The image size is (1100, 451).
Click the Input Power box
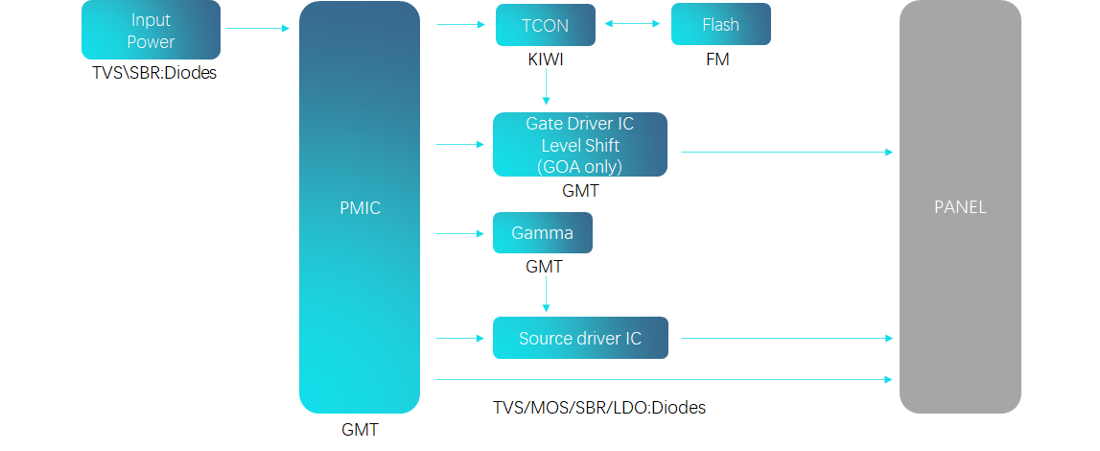[x=151, y=30]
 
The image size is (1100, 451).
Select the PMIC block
[x=360, y=207]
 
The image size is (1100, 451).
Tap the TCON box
[x=545, y=25]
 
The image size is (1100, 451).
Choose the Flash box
[x=720, y=25]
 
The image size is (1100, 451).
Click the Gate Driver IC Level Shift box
[x=579, y=145]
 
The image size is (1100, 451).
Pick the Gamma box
[x=542, y=233]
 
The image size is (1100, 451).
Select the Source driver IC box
[x=579, y=338]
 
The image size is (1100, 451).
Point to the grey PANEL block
[x=960, y=207]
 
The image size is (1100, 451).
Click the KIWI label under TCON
[x=545, y=59]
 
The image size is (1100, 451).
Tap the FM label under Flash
[x=716, y=59]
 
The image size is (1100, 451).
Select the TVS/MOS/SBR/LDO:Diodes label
[x=598, y=408]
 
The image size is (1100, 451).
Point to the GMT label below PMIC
[x=360, y=431]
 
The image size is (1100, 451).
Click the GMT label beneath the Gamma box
[x=544, y=267]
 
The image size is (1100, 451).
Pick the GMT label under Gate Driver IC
[x=580, y=191]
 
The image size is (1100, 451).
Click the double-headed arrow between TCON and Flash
[x=633, y=25]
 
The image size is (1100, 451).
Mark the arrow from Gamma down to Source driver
[x=546, y=294]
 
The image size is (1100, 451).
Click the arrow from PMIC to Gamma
[x=461, y=233]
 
